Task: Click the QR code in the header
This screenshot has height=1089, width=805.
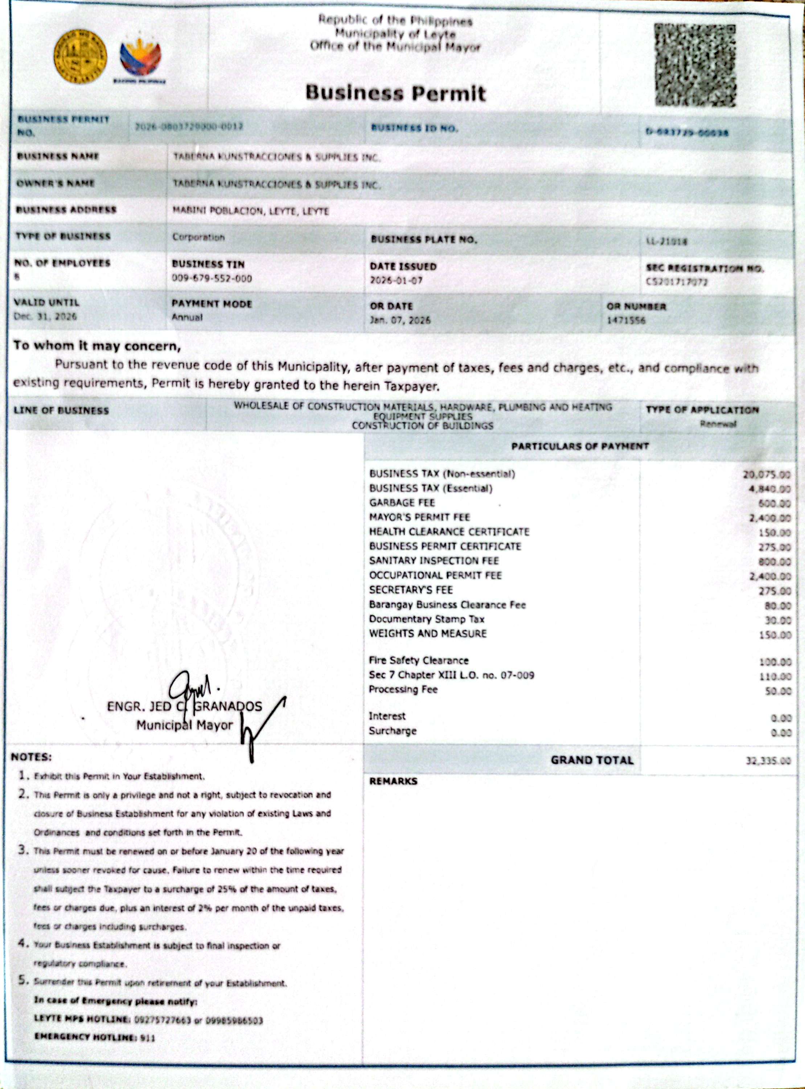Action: point(695,65)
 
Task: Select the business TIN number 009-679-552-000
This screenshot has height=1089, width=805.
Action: point(212,278)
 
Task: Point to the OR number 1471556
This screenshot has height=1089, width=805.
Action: point(626,320)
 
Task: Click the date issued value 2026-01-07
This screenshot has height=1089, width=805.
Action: point(396,280)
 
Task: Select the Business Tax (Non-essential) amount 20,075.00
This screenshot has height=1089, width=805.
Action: point(767,474)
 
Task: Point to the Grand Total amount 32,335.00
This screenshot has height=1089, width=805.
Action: point(768,760)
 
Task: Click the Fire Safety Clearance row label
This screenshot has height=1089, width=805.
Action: point(419,661)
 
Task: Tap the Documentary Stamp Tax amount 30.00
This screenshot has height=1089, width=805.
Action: point(778,620)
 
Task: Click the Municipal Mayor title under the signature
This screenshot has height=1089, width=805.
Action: point(184,725)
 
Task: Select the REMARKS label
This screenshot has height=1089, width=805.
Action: point(393,781)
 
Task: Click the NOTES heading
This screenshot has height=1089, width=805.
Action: point(31,757)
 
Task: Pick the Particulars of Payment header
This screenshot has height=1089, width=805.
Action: point(580,446)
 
